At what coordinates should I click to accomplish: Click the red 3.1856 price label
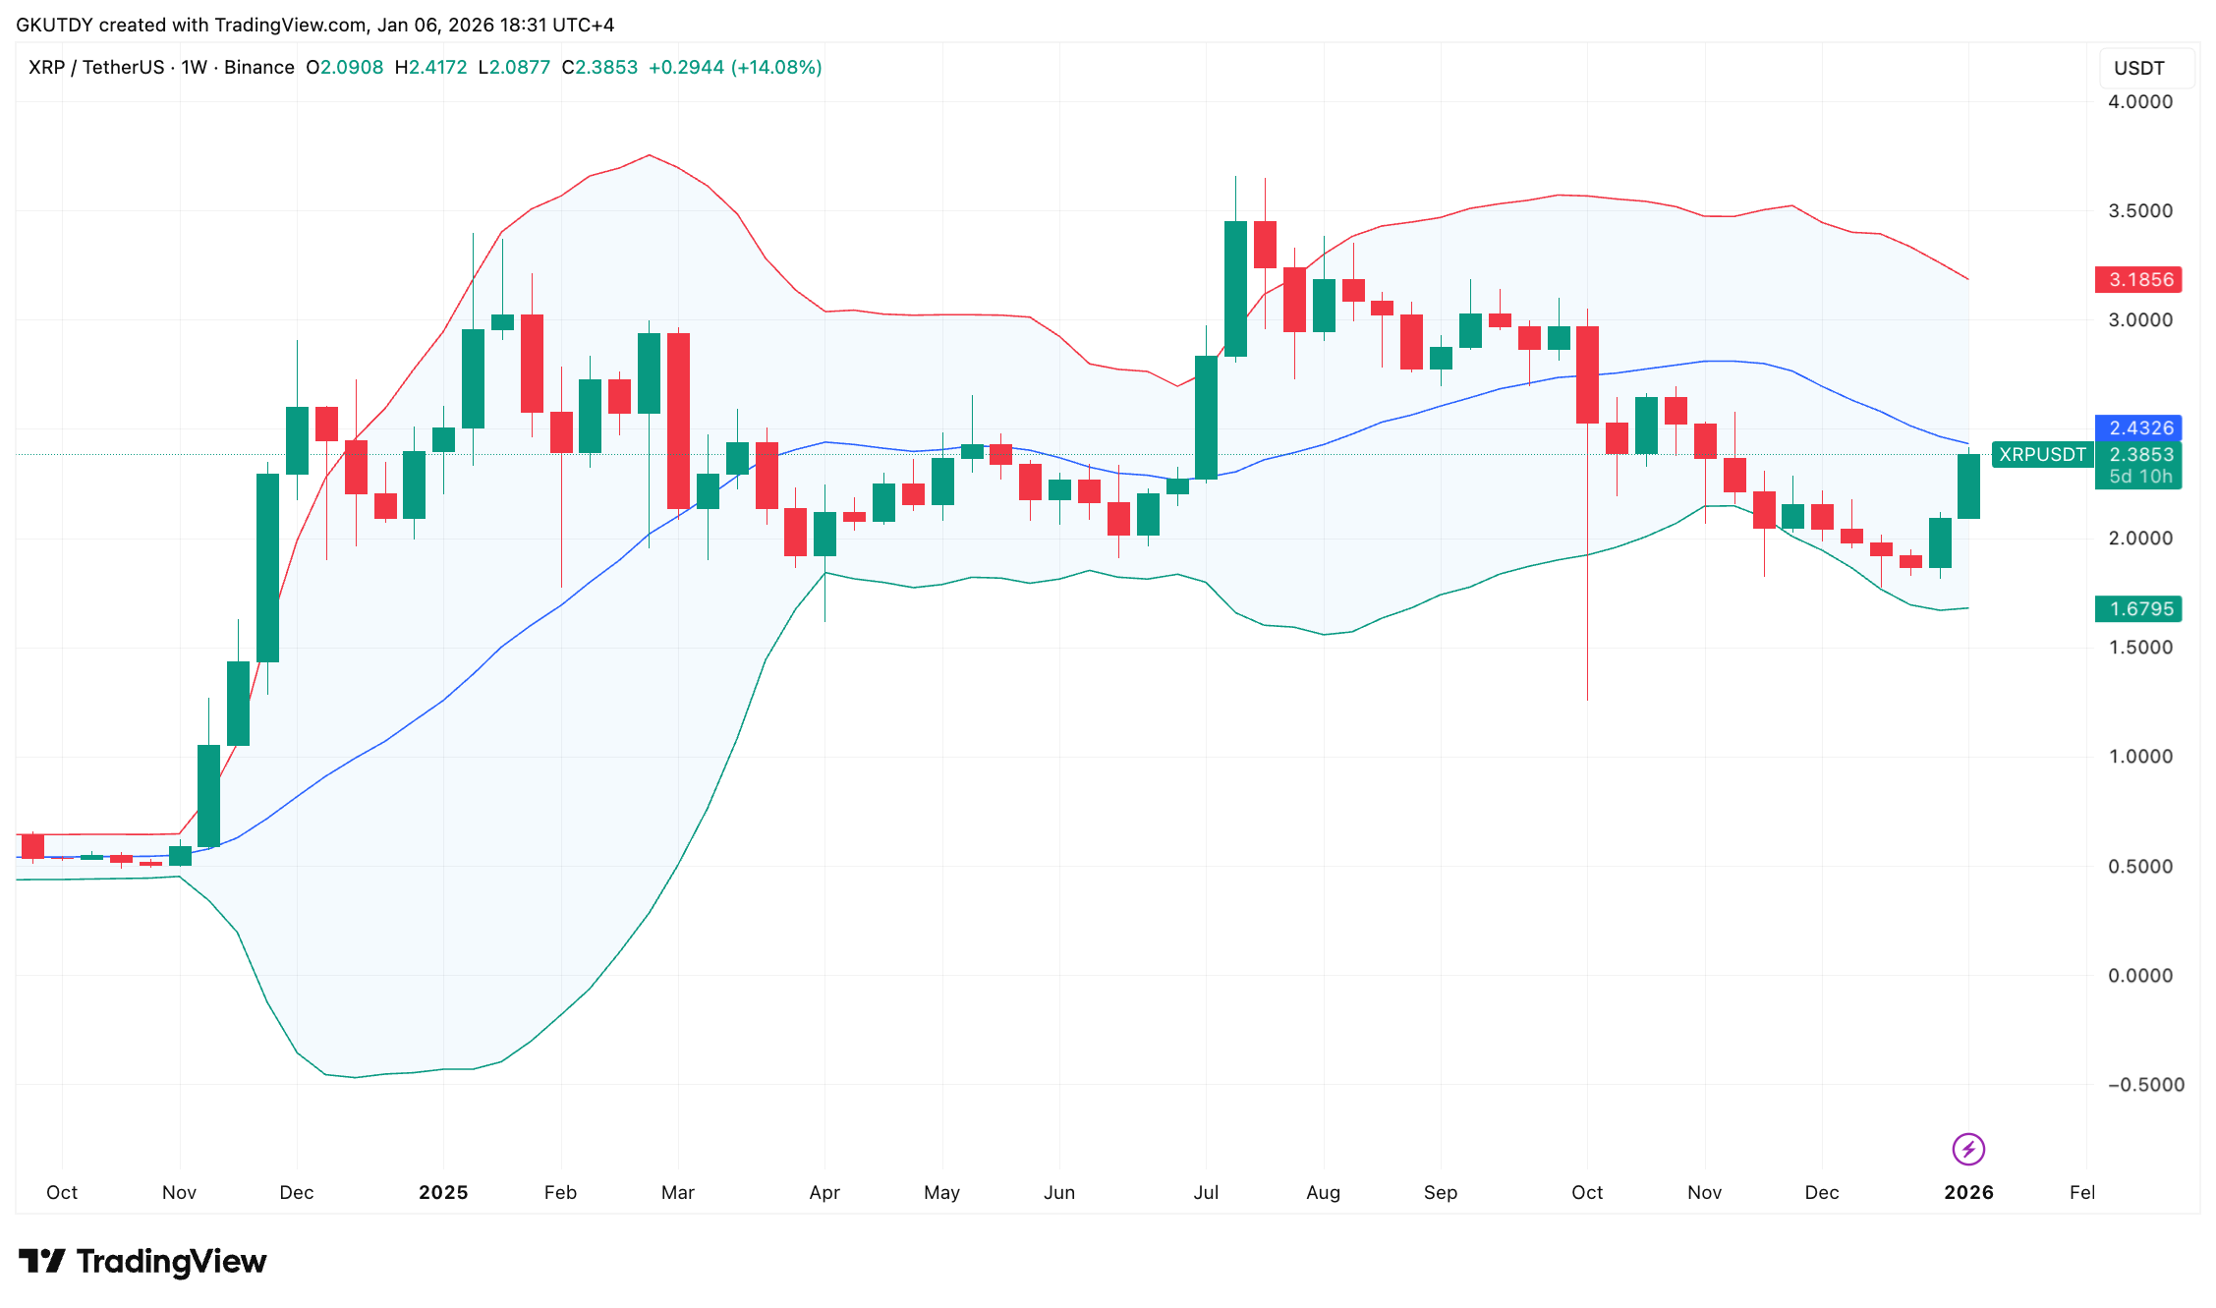point(2138,279)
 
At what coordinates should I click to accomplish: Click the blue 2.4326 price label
point(2138,428)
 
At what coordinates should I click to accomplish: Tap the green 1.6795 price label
point(2138,609)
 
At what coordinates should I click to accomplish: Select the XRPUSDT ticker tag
point(2042,455)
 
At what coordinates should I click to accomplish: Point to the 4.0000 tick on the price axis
point(2140,102)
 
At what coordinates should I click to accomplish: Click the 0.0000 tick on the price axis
point(2140,976)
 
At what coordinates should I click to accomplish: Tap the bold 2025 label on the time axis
point(443,1193)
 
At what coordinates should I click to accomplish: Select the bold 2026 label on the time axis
point(1968,1193)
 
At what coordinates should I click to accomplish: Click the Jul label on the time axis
point(1206,1193)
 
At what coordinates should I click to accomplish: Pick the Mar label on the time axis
point(678,1193)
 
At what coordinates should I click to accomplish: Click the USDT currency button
point(2139,69)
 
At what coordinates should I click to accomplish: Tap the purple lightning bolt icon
point(1968,1149)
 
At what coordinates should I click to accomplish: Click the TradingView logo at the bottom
point(143,1262)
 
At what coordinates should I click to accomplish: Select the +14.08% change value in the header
point(776,68)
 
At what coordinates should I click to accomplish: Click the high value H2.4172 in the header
point(430,68)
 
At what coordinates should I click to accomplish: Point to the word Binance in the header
point(259,68)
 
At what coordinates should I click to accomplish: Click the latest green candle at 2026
point(1968,486)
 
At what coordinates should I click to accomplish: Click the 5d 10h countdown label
point(2140,478)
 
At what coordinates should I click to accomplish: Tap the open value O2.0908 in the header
point(345,68)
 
